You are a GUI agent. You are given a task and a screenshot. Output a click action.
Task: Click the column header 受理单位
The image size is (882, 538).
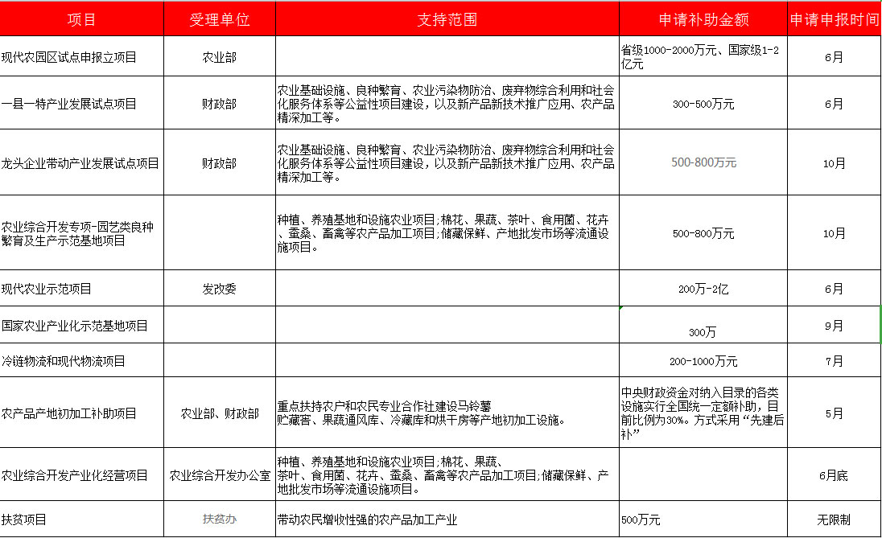219,19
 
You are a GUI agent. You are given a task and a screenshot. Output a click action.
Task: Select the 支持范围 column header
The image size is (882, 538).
447,19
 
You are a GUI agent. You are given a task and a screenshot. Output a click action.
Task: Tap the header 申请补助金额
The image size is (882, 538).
703,19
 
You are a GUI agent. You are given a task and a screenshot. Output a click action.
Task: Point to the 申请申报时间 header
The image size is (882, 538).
834,19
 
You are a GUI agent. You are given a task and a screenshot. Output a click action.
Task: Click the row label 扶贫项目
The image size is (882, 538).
24,520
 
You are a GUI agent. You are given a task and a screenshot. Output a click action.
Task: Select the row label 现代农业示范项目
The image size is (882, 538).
47,289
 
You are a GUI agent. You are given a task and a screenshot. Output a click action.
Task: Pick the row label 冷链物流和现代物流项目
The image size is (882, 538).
64,361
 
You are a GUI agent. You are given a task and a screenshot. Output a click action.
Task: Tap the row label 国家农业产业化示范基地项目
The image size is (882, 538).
75,326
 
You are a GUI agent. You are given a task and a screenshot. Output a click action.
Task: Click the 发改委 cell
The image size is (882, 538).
219,289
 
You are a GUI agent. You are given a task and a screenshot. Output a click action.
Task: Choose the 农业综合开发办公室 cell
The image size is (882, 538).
219,475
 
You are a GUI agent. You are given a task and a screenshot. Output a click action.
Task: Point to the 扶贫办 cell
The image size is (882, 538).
219,520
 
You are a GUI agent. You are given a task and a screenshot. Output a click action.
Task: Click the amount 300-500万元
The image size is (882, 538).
703,104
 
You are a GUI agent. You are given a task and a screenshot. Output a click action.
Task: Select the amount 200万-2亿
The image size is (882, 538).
703,289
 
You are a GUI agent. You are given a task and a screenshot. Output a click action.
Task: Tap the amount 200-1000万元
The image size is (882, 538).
703,361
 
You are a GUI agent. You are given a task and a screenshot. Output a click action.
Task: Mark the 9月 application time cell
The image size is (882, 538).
834,326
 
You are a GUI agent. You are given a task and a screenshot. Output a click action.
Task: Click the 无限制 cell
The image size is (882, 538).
834,520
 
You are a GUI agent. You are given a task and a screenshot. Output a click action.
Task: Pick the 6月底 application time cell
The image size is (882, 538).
834,475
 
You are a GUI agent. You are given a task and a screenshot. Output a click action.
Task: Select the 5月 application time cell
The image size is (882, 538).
834,413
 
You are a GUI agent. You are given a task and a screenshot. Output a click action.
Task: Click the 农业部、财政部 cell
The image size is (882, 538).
219,413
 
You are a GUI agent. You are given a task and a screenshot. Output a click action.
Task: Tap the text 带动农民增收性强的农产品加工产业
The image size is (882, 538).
367,520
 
